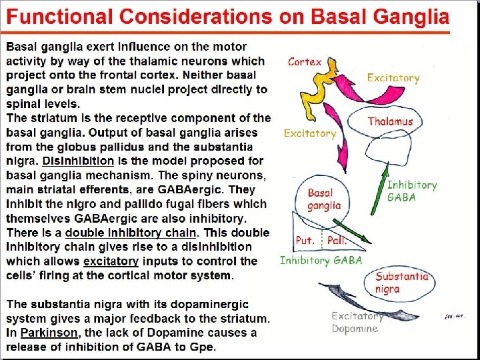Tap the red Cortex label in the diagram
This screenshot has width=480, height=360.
(x=305, y=62)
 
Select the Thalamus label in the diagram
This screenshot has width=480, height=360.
(x=390, y=121)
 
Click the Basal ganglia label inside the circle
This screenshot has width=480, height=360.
(x=324, y=199)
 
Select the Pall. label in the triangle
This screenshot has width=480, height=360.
(x=337, y=240)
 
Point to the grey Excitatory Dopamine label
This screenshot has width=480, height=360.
(x=357, y=322)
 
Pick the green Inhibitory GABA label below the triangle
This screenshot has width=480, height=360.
(x=321, y=261)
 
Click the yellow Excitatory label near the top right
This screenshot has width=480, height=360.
(x=393, y=78)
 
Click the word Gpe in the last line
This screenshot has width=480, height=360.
(x=201, y=347)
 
